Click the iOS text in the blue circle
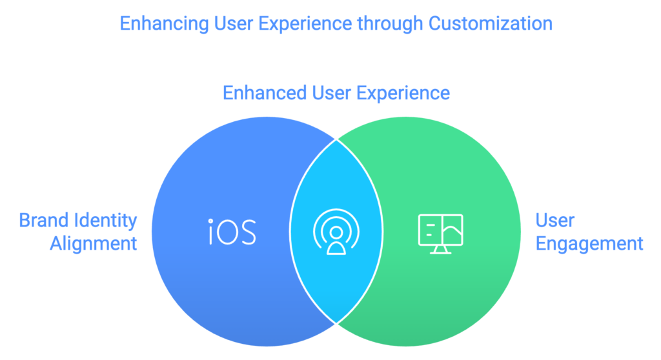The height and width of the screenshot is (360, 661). (232, 232)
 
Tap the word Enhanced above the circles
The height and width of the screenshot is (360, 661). (263, 93)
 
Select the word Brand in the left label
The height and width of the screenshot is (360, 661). (43, 221)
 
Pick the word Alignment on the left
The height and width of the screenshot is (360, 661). (94, 244)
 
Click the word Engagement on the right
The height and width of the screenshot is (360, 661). (589, 244)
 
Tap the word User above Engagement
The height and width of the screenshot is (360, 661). (554, 221)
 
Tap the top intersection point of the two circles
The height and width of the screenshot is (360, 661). (336, 139)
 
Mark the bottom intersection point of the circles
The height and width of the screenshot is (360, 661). (336, 323)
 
